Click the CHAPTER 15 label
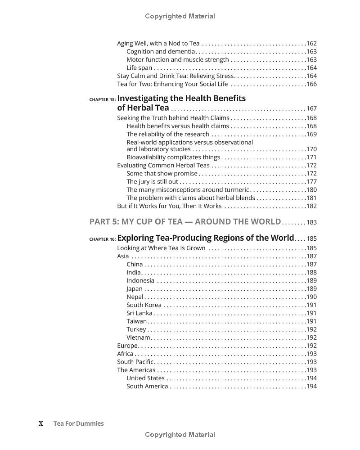(103, 99)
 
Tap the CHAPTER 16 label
(103, 239)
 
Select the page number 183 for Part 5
(311, 222)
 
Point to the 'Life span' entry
(139, 68)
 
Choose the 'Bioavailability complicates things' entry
(173, 157)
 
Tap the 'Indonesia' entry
(140, 281)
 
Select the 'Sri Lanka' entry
(139, 313)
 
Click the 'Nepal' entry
(135, 297)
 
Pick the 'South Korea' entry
(144, 305)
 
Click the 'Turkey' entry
(136, 329)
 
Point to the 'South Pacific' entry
(135, 362)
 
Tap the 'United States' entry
(145, 378)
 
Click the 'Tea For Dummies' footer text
(78, 423)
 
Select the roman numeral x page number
(41, 423)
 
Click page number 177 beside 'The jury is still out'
(311, 182)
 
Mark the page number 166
(311, 84)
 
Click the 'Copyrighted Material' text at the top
(180, 16)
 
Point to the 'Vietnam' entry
(138, 337)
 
